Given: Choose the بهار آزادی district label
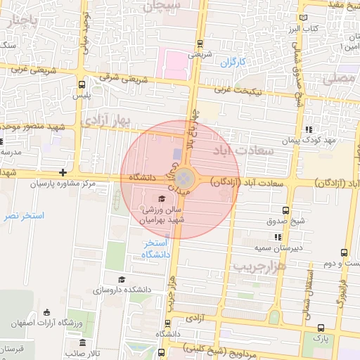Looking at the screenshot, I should coord(107,121).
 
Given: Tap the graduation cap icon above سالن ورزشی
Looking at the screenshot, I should coord(162,198).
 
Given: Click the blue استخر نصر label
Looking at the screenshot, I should coord(24,215).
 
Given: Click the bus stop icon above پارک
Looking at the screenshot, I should coord(321,327).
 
